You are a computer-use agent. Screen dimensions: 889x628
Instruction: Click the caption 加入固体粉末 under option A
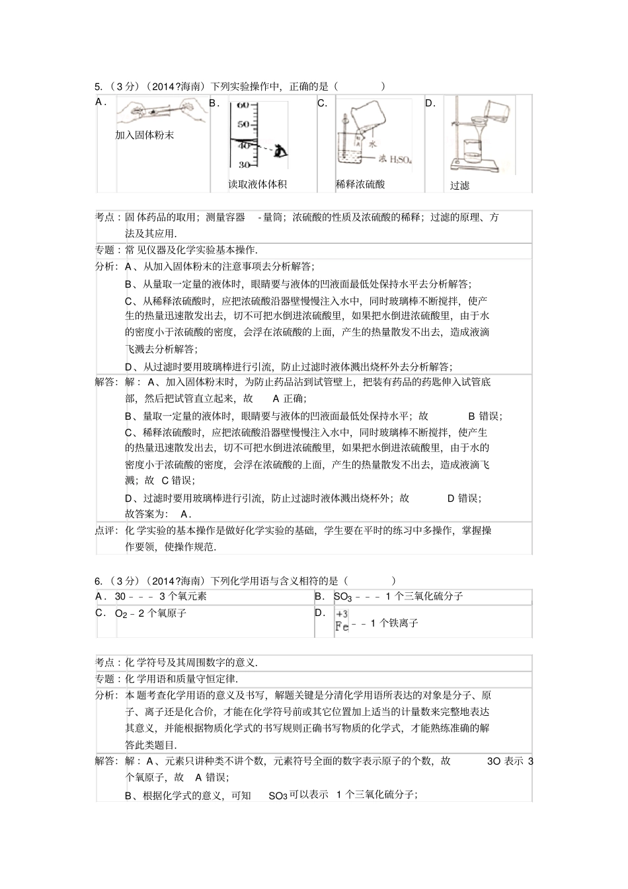pos(144,135)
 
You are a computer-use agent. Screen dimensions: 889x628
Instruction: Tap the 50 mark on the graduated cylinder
pos(243,124)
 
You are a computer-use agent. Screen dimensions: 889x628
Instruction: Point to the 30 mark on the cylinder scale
pos(243,164)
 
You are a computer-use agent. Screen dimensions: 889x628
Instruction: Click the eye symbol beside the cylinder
pos(281,152)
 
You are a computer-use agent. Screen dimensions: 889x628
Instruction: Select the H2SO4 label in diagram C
pos(396,159)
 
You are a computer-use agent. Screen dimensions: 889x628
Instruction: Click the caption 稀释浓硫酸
pos(360,184)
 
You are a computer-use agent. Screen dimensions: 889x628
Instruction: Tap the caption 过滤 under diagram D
pos(459,186)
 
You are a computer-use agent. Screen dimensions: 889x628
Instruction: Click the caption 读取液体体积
pos(257,184)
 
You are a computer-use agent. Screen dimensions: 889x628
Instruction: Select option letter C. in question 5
pos(323,103)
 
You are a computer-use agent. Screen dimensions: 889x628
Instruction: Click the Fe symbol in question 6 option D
pos(342,627)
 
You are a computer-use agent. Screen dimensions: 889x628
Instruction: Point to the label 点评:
pos(106,530)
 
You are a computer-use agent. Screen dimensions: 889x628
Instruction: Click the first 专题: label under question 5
pos(106,250)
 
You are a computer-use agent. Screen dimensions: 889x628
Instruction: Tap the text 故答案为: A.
pos(159,514)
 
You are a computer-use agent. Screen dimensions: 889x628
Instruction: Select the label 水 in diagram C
pos(373,143)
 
